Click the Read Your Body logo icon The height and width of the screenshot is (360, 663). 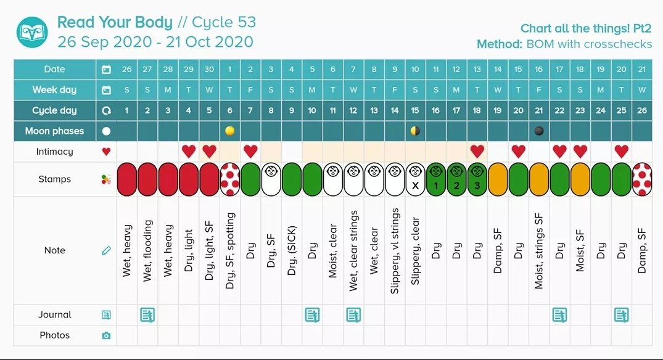(x=32, y=33)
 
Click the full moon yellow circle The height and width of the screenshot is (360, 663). (x=229, y=131)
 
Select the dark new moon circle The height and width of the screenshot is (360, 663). (x=538, y=131)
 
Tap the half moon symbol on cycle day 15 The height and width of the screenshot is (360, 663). (x=415, y=131)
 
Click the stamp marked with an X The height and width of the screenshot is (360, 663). (x=415, y=179)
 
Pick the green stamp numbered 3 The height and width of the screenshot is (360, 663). (x=477, y=179)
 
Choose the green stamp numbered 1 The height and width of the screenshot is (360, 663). (x=435, y=179)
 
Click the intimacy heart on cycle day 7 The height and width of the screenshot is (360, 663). (x=250, y=151)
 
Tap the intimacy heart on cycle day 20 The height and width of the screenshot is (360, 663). (x=518, y=151)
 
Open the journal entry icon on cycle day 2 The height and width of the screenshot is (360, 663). (x=147, y=315)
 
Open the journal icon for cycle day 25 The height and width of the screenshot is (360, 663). (x=621, y=315)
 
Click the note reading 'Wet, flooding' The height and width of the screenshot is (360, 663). (x=147, y=251)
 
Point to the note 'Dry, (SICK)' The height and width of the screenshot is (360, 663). (x=292, y=251)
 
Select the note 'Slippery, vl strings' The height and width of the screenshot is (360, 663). (x=395, y=251)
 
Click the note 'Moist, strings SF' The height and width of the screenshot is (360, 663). (x=538, y=251)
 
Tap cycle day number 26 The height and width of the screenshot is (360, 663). (x=642, y=110)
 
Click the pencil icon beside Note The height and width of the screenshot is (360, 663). (x=106, y=251)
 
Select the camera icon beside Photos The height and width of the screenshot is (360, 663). (x=106, y=335)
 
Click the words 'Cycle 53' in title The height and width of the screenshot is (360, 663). (x=224, y=23)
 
